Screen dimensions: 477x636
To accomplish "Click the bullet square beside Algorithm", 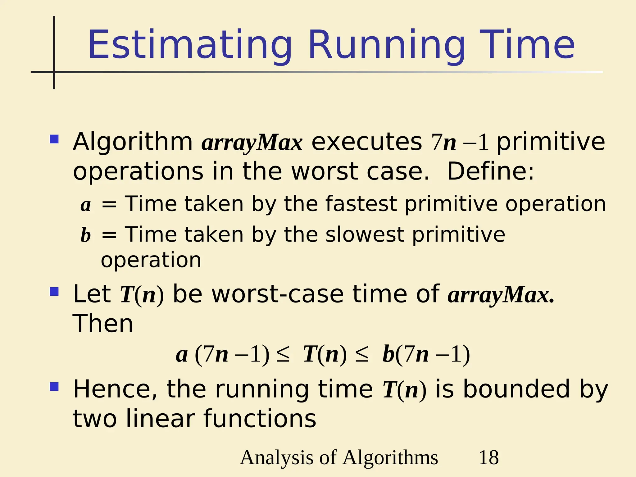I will pyautogui.click(x=54, y=139).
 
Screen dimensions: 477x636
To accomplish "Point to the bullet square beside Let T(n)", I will pyautogui.click(x=54, y=292).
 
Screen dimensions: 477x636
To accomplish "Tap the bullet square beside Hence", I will pyautogui.click(x=54, y=387).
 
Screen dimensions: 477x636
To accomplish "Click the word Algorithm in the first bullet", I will pyautogui.click(x=133, y=142).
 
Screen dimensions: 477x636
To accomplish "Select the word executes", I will pyautogui.click(x=366, y=142).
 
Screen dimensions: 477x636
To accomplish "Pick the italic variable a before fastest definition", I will pyautogui.click(x=86, y=205).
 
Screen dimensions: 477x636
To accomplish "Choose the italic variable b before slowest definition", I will pyautogui.click(x=86, y=235).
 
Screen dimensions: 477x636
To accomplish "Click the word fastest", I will pyautogui.click(x=361, y=204).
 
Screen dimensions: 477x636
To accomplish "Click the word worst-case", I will pyautogui.click(x=277, y=294).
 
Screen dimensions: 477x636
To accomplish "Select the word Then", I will pyautogui.click(x=103, y=324).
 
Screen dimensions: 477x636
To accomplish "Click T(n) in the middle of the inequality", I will pyautogui.click(x=325, y=354).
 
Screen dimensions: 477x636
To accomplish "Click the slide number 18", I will pyautogui.click(x=488, y=457).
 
